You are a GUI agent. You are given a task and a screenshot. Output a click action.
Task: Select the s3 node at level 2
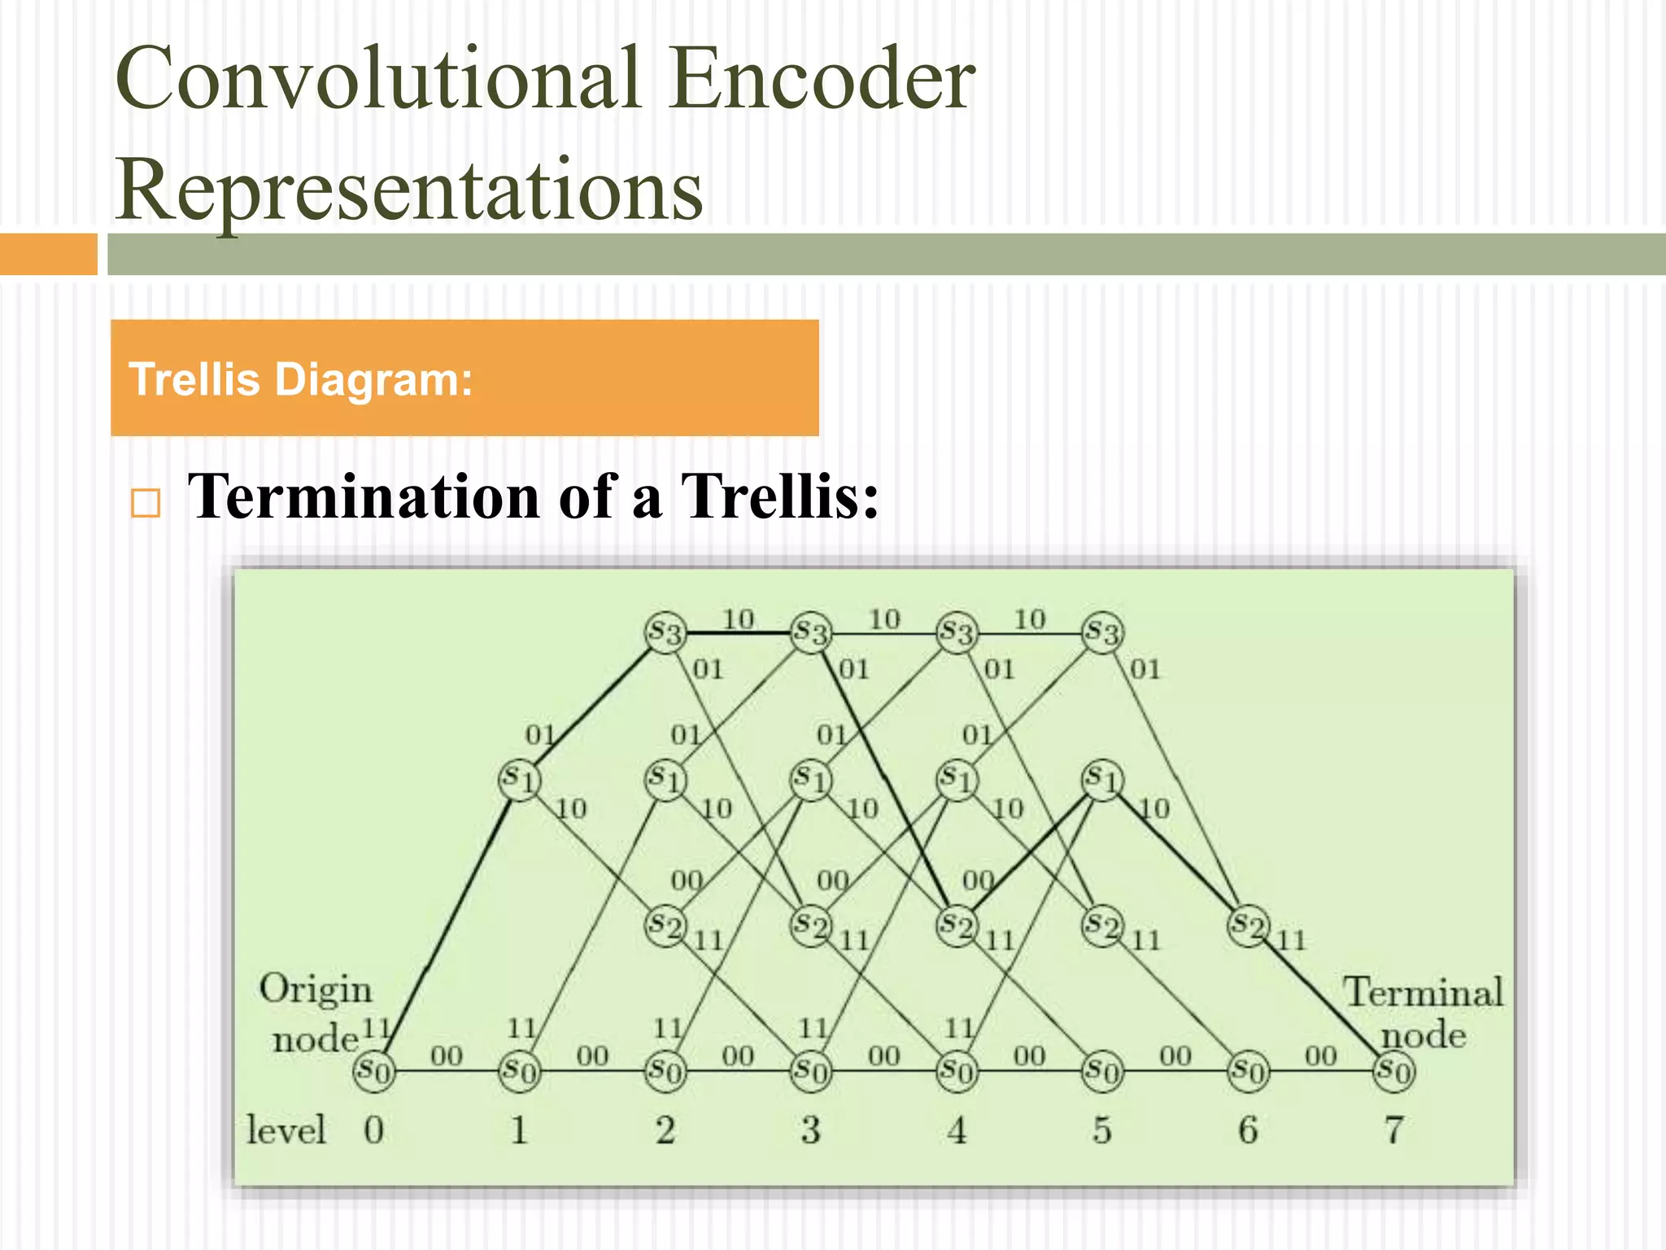pos(665,632)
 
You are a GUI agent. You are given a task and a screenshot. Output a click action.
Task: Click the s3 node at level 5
pos(1102,632)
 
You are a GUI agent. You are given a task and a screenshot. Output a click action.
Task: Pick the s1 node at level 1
pos(519,779)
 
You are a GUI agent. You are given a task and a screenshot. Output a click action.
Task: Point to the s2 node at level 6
pos(1248,926)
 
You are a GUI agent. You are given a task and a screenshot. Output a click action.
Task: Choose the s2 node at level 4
pos(957,926)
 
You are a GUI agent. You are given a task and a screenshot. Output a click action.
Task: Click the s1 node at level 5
pos(1102,779)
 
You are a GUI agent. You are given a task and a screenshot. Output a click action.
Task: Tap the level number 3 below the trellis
pos(810,1130)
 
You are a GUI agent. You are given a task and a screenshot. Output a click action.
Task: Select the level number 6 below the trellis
pos(1248,1130)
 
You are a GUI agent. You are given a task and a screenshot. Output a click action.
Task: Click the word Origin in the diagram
pos(316,990)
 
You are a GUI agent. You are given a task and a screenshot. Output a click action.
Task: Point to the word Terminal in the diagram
pos(1423,992)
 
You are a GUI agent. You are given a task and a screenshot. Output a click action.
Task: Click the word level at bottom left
pos(286,1130)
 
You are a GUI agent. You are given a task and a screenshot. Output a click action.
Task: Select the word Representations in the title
pos(409,189)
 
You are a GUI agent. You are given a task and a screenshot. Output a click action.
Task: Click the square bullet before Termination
pos(146,504)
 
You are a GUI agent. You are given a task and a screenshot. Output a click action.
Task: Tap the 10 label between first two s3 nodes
pos(739,619)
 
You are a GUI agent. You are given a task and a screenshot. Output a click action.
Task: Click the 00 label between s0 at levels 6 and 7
pos(1320,1056)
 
